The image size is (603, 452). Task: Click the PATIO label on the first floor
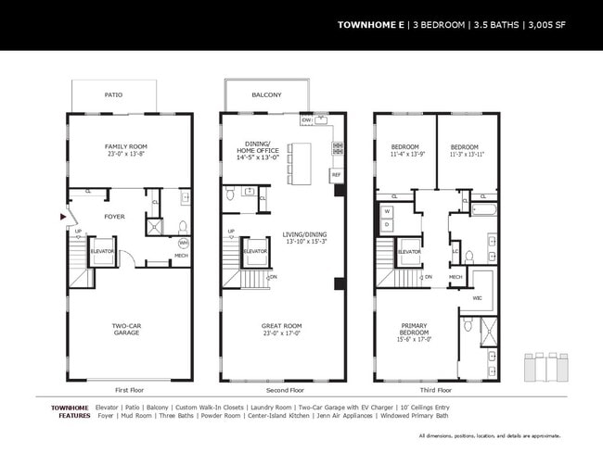tap(114, 94)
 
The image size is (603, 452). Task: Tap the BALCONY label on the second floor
tap(266, 94)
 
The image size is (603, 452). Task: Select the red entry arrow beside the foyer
tap(62, 217)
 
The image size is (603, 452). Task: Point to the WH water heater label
tap(183, 243)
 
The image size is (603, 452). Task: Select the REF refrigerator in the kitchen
tap(335, 173)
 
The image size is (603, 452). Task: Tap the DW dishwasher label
tap(306, 120)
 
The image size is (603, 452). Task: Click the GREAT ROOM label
tap(281, 327)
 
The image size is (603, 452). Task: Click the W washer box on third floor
tap(386, 210)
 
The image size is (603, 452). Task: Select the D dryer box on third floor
tap(386, 224)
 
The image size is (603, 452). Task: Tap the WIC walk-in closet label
tap(477, 299)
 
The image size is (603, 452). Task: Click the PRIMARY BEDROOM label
tap(414, 329)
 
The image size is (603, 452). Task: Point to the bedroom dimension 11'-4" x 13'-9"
tap(404, 155)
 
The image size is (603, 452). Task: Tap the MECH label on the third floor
tap(455, 276)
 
